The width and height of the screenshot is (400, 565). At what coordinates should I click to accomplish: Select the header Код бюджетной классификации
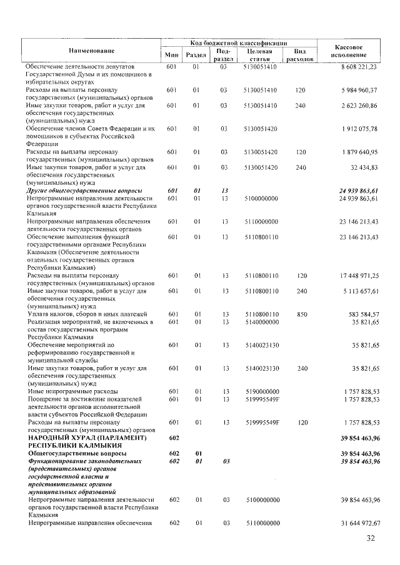pos(239,42)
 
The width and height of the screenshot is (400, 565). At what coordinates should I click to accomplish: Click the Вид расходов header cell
pos(299,54)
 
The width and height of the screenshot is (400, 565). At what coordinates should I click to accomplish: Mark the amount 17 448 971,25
pos(353,275)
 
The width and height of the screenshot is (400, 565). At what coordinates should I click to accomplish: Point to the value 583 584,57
pos(358,314)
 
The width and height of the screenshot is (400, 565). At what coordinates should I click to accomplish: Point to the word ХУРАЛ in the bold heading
pos(80,438)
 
